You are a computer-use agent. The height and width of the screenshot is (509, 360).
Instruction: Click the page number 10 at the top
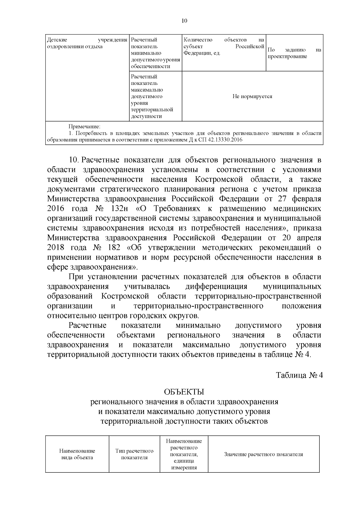click(x=184, y=21)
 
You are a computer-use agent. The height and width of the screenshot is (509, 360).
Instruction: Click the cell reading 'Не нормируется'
click(x=252, y=97)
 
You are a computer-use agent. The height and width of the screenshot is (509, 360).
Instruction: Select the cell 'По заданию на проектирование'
click(x=294, y=53)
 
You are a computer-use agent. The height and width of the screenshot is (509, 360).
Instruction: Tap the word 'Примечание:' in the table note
click(x=84, y=126)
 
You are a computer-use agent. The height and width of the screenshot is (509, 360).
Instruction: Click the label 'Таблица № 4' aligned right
click(x=299, y=376)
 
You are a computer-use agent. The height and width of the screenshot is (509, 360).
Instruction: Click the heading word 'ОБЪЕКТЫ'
click(x=184, y=392)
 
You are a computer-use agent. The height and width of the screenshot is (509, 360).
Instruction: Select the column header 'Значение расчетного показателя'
click(x=263, y=454)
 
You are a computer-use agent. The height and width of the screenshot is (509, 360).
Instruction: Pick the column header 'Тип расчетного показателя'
click(x=134, y=454)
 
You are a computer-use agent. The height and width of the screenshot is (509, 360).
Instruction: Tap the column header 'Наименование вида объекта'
click(x=77, y=454)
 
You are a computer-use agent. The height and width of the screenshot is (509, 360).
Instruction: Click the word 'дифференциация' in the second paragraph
click(x=216, y=286)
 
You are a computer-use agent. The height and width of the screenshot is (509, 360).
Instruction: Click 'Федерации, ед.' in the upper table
click(x=202, y=53)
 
